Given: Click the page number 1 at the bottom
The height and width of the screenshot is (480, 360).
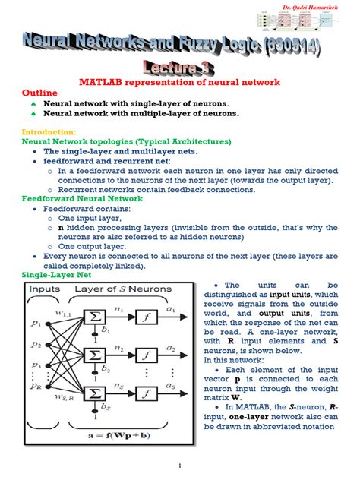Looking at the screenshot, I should (180, 465).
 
